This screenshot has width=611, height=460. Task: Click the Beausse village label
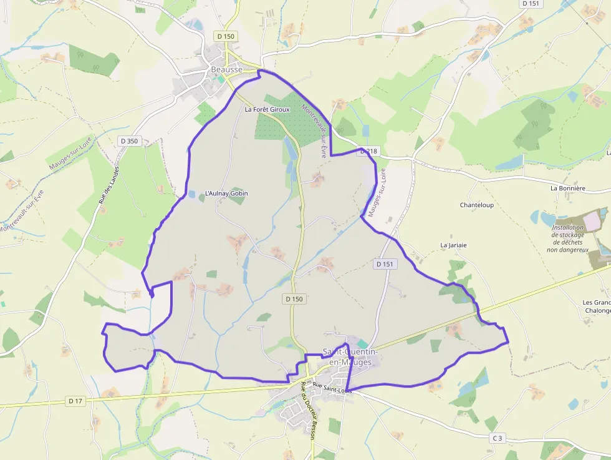pyautogui.click(x=226, y=70)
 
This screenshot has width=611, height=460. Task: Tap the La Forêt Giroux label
pyautogui.click(x=267, y=109)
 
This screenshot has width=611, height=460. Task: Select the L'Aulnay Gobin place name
pyautogui.click(x=226, y=193)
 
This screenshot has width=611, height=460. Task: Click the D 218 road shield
pyautogui.click(x=368, y=152)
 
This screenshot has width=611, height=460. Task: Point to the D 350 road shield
pyautogui.click(x=128, y=141)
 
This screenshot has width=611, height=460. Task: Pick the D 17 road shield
pyautogui.click(x=76, y=401)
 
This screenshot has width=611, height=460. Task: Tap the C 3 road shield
pyautogui.click(x=496, y=438)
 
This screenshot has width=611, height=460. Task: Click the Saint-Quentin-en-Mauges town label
pyautogui.click(x=350, y=357)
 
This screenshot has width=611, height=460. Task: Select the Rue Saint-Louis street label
pyautogui.click(x=332, y=388)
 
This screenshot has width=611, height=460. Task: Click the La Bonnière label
pyautogui.click(x=567, y=188)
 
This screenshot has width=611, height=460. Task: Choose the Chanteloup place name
pyautogui.click(x=477, y=205)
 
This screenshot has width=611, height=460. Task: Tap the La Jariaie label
pyautogui.click(x=453, y=245)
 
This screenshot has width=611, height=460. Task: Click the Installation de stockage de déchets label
pyautogui.click(x=567, y=238)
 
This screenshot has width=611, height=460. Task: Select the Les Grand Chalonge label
pyautogui.click(x=596, y=306)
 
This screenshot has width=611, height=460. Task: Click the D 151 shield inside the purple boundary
pyautogui.click(x=385, y=264)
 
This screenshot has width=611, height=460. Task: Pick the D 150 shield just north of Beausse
pyautogui.click(x=226, y=36)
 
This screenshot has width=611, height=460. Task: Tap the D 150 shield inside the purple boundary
pyautogui.click(x=294, y=299)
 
